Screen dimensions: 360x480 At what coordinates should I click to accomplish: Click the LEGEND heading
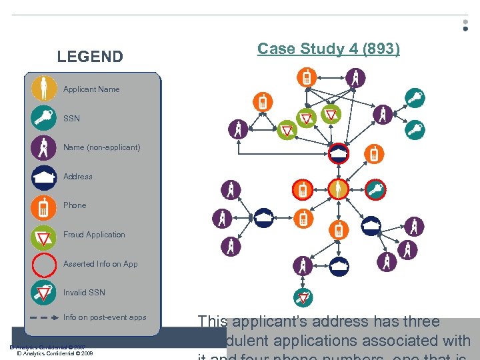[x=90, y=57]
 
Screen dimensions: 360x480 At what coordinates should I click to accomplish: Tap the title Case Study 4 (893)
[x=329, y=49]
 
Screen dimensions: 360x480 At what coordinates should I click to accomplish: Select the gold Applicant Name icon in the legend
[x=44, y=89]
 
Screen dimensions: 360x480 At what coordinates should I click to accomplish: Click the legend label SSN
[x=71, y=119]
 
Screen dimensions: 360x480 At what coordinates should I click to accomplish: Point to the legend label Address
[x=78, y=177]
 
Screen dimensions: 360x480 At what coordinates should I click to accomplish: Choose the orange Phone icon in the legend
[x=44, y=206]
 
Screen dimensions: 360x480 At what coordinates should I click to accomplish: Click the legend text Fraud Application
[x=94, y=235]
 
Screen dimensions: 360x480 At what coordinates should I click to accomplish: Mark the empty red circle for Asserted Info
[x=44, y=264]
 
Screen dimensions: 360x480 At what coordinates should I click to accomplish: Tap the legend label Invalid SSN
[x=84, y=293]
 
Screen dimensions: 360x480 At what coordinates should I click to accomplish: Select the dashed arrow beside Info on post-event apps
[x=44, y=318]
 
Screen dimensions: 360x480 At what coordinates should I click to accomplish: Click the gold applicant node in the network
[x=339, y=190]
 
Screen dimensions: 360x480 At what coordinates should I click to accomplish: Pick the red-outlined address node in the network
[x=339, y=154]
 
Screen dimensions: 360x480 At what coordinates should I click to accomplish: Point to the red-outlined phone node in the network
[x=303, y=190]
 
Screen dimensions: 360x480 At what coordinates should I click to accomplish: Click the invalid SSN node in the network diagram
[x=303, y=297]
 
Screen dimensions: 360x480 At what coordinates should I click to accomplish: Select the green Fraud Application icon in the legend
[x=44, y=235]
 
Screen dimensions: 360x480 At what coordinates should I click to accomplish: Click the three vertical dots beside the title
[x=465, y=25]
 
